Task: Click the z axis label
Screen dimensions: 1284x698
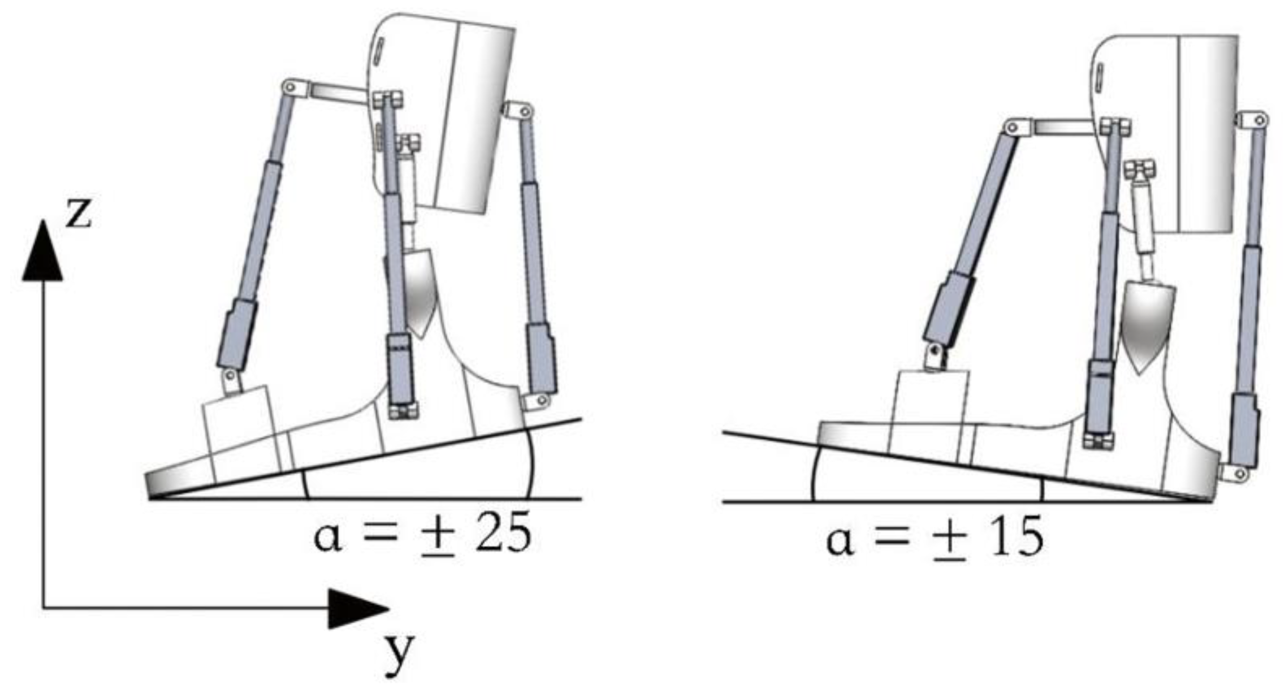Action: click(x=79, y=212)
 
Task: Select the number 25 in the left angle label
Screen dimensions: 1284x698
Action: click(x=503, y=535)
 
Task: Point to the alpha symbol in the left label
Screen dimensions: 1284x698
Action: click(x=328, y=539)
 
